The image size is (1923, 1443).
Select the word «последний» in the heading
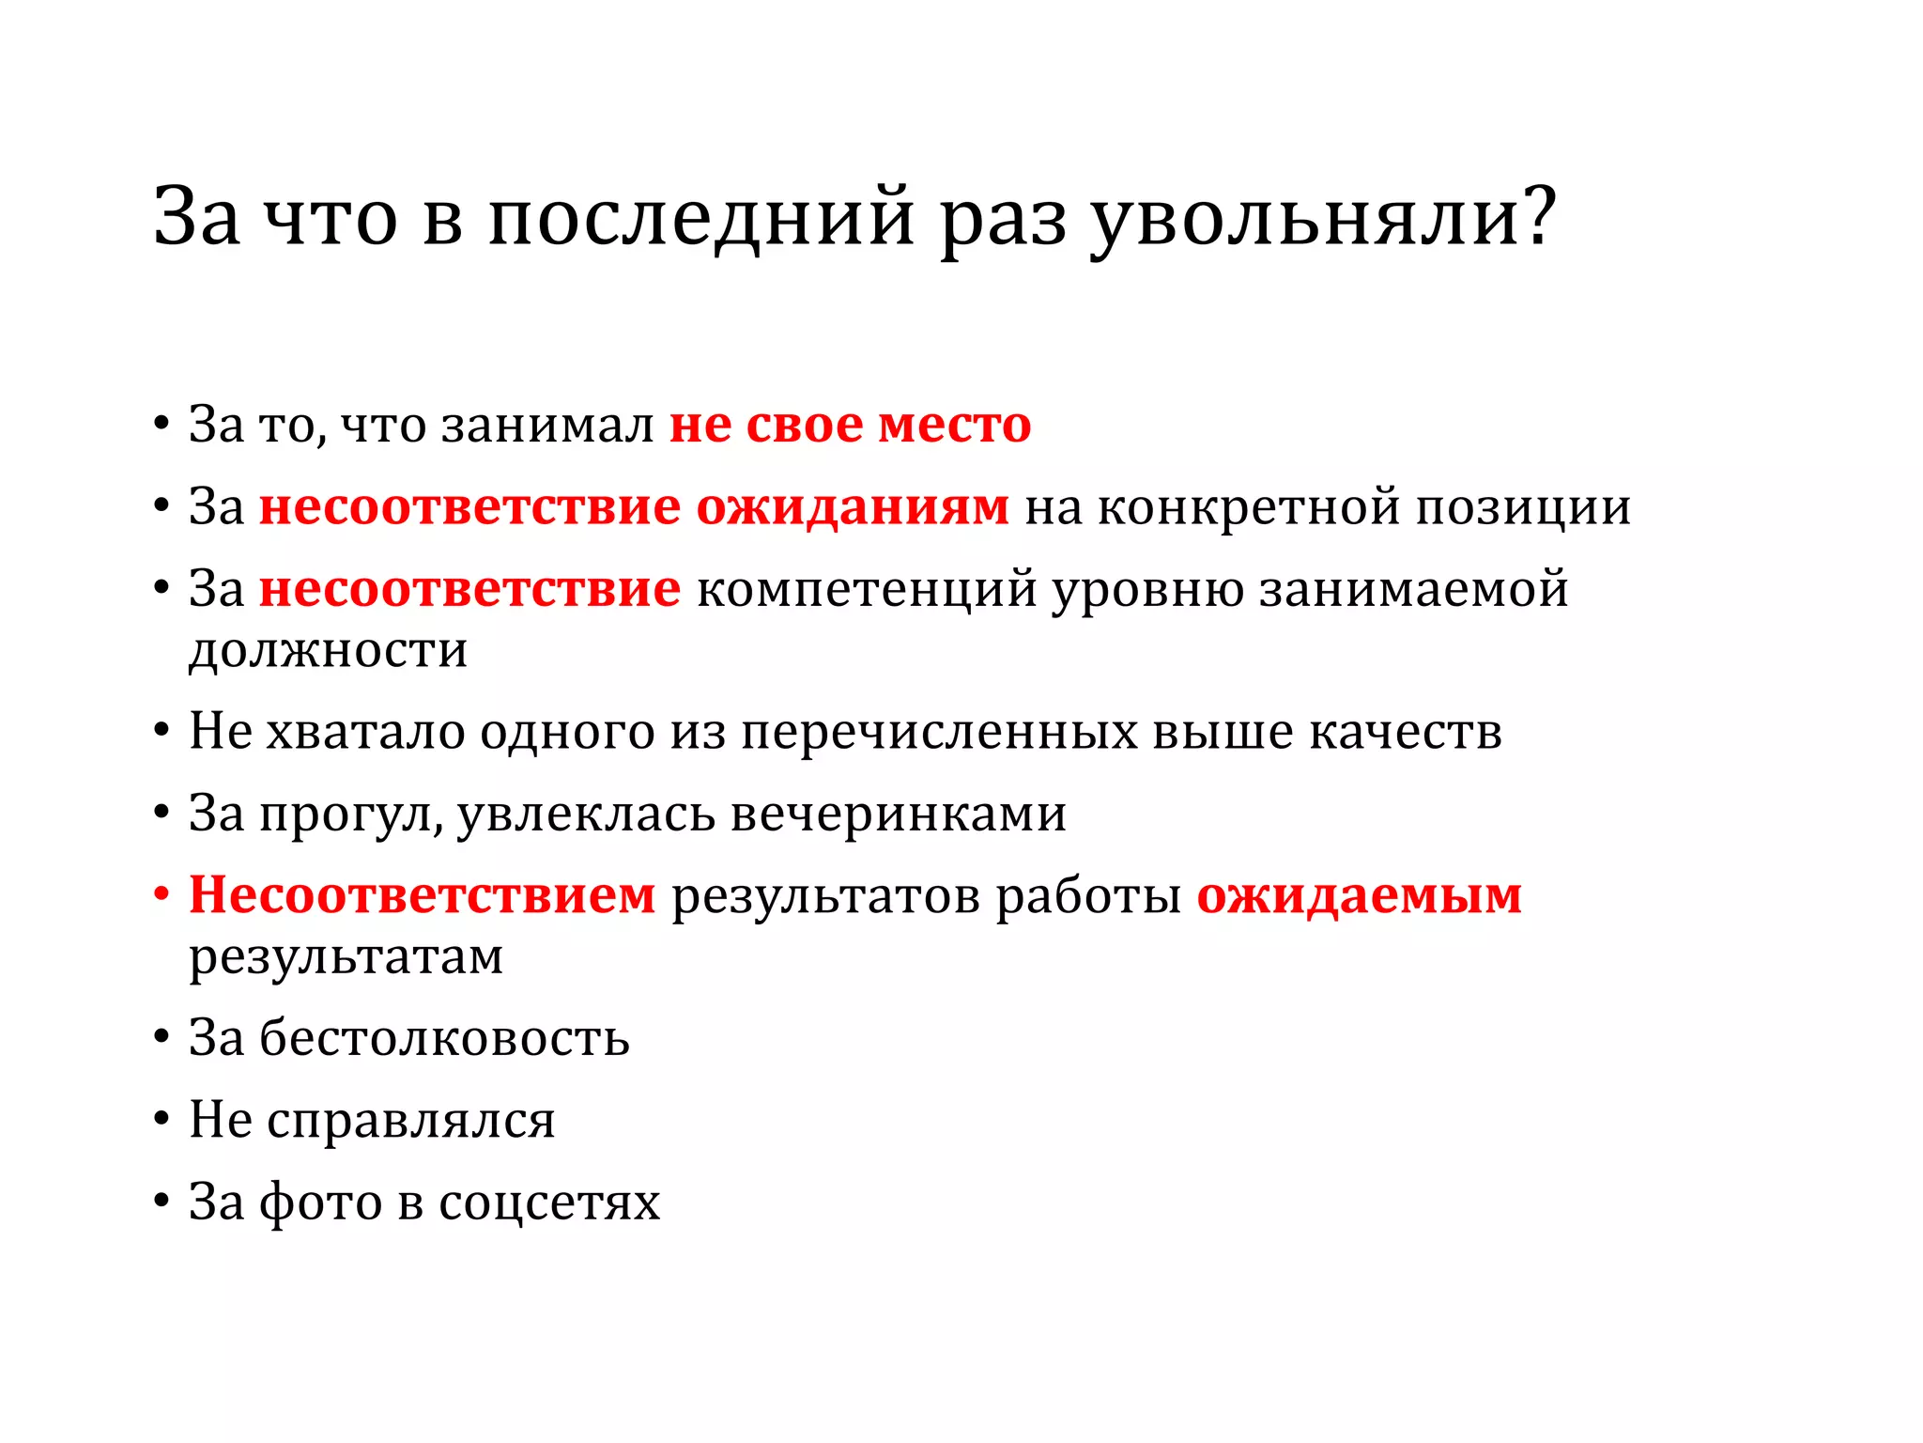pos(700,218)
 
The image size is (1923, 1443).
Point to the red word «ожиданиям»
pos(853,507)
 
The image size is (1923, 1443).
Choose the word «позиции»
pos(1523,507)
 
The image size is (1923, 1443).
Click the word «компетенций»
pos(867,590)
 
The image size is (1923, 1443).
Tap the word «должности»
pos(328,650)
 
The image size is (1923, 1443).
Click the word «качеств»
pos(1405,732)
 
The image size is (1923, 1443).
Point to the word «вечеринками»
pos(899,814)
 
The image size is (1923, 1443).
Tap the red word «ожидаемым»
pos(1359,895)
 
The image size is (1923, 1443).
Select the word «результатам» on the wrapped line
pos(346,957)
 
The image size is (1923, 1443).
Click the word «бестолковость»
pos(444,1038)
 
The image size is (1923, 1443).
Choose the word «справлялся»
pos(410,1120)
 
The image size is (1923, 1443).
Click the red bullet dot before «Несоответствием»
pos(162,893)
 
